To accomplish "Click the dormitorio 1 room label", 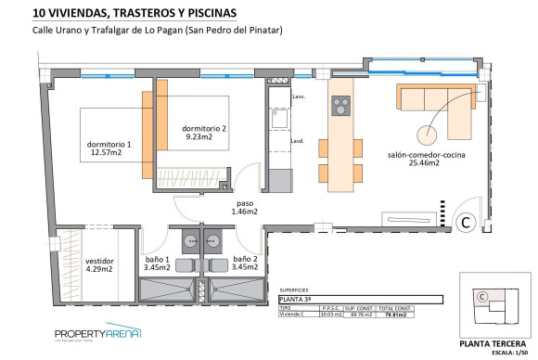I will point(109,144).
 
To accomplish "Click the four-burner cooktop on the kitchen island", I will point(339,104).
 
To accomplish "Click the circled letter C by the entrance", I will point(468,221).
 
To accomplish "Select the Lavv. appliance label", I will point(298,96).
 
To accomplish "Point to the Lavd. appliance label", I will point(298,141).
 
